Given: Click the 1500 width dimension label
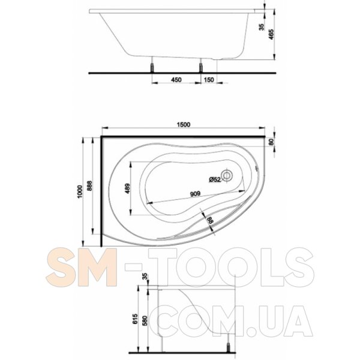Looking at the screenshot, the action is [x=184, y=124].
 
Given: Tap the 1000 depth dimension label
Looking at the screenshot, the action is [x=80, y=192].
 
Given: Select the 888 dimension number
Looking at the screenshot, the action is [x=89, y=186].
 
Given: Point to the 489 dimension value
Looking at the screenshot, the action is [x=127, y=188].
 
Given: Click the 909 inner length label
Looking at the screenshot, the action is [x=195, y=194].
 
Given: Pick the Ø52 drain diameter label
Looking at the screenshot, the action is [x=215, y=179].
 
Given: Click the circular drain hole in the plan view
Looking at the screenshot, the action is [x=227, y=176].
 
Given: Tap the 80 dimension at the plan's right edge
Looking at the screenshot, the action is [x=271, y=142].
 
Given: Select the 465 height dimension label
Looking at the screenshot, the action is [x=271, y=34].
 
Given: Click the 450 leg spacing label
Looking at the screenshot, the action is [x=176, y=80].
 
